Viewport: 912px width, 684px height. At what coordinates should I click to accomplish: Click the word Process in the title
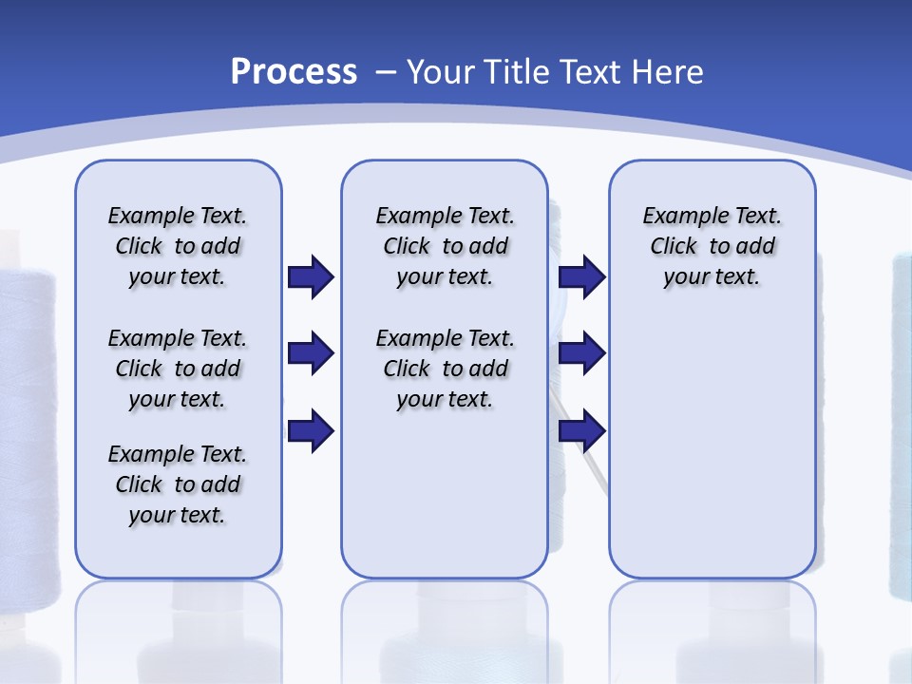(294, 71)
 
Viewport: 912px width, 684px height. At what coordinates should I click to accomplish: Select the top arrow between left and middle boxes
(311, 276)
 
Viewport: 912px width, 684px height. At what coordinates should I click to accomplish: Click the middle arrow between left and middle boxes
(311, 354)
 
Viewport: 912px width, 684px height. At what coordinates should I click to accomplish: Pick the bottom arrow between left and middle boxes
(311, 431)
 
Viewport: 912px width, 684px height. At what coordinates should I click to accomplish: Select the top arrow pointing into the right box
(581, 276)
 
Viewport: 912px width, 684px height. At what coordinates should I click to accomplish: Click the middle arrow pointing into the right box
(581, 354)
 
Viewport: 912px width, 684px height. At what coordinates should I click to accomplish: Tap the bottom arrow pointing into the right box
(581, 431)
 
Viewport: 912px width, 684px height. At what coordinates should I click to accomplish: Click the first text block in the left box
(178, 246)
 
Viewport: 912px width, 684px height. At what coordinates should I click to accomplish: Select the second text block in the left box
(178, 369)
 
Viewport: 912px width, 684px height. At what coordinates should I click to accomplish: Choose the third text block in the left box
(178, 484)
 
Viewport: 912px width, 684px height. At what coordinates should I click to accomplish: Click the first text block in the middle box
(445, 246)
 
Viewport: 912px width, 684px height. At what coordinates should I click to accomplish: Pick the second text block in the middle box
(445, 369)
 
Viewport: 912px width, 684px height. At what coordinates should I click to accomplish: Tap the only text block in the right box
(712, 246)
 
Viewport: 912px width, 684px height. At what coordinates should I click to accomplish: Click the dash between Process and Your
(385, 72)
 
